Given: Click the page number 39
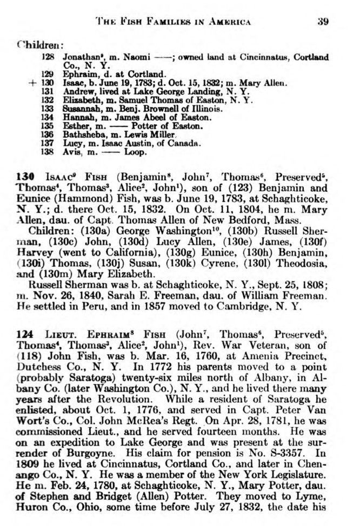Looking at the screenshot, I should pyautogui.click(x=323, y=21).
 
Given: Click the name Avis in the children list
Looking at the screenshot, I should pyautogui.click(x=71, y=152).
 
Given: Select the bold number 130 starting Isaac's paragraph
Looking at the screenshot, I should pyautogui.click(x=25, y=177).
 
